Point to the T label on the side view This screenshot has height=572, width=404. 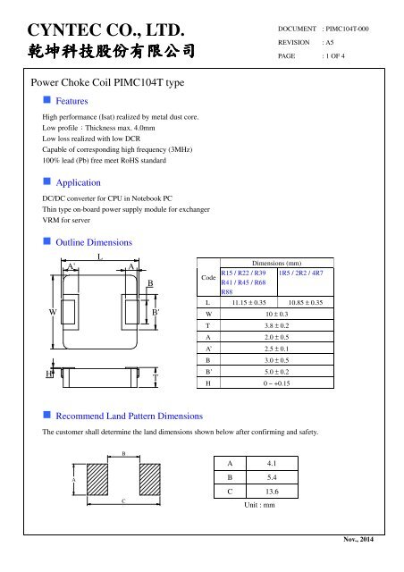coord(155,378)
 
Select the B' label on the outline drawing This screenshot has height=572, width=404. coord(156,312)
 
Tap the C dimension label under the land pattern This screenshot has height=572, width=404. coord(122,502)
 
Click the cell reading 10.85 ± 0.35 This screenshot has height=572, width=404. coord(306,303)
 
